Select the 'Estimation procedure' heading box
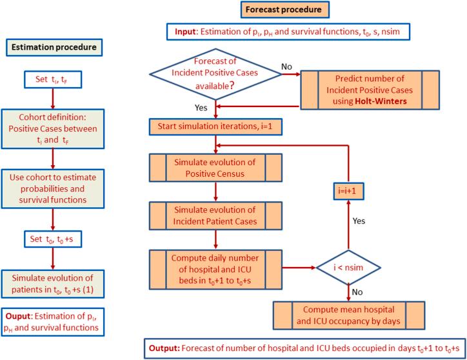coord(52,48)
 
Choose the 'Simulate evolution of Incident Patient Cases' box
coord(215,215)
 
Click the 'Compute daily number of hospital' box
coord(215,265)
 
